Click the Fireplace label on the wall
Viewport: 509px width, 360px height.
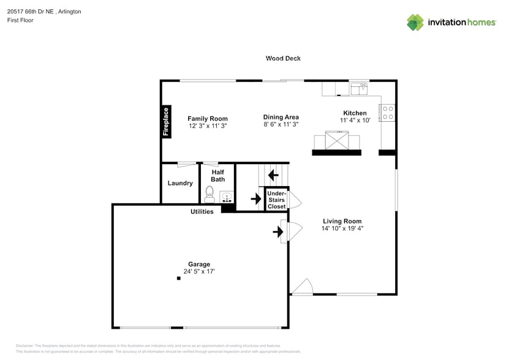click(165, 122)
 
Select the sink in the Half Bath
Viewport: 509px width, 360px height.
click(227, 197)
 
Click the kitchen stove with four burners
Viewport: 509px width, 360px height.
click(388, 113)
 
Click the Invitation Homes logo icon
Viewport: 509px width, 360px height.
click(415, 22)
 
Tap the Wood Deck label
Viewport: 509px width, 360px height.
click(283, 59)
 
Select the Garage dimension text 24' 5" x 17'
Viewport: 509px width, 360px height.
click(199, 271)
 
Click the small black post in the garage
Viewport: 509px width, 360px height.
click(179, 279)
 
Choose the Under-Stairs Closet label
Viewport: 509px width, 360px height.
click(276, 200)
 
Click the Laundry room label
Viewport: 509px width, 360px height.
click(180, 183)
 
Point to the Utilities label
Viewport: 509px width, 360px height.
click(202, 212)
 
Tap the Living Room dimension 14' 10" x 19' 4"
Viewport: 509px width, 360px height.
click(342, 229)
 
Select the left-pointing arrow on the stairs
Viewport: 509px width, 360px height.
click(273, 176)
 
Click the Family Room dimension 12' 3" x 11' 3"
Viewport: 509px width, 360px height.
click(208, 126)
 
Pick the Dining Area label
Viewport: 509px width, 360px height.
click(281, 117)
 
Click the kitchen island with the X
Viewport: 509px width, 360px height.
click(337, 141)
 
